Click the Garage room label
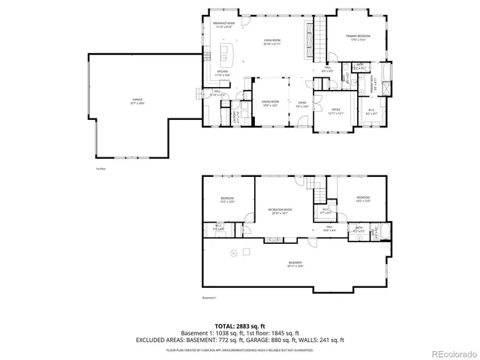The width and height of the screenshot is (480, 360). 137,99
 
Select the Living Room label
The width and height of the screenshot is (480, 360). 271,41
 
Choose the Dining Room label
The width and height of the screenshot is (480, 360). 270,103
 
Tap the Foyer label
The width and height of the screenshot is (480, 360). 302,103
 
